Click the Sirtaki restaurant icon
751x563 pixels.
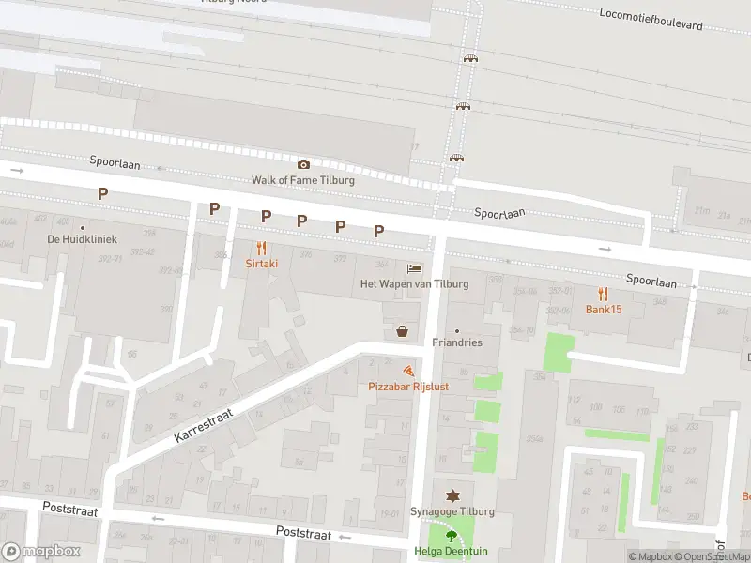coord(262,249)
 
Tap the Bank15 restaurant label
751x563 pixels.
coord(604,310)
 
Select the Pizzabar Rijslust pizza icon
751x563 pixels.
coord(408,372)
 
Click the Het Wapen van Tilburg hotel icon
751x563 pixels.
coord(414,268)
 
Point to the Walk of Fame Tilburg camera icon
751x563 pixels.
coord(303,164)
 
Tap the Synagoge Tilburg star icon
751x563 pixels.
coord(452,495)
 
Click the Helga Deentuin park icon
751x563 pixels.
coord(452,536)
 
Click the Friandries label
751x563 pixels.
coord(457,342)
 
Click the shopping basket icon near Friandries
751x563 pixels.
coord(403,330)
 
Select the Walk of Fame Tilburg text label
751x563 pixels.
coord(303,179)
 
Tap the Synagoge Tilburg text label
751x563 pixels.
coord(452,511)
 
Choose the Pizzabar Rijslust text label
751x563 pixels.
coord(408,386)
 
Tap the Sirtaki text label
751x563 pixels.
coord(262,264)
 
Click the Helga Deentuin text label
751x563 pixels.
coord(452,552)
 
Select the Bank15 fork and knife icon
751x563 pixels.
coord(604,294)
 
